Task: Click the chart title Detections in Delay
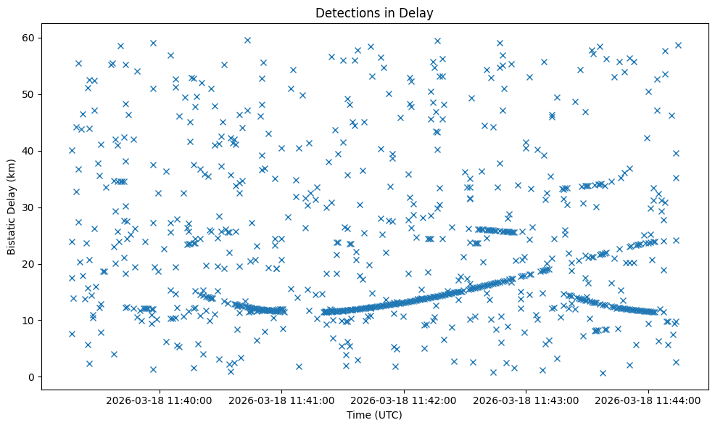pyautogui.click(x=374, y=13)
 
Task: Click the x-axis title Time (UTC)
pyautogui.click(x=374, y=415)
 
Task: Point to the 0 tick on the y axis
pyautogui.click(x=30, y=376)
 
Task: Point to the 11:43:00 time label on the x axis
pyautogui.click(x=526, y=400)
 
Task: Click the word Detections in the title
pyautogui.click(x=343, y=13)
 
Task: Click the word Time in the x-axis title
pyautogui.click(x=358, y=415)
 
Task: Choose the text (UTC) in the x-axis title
pyautogui.click(x=388, y=415)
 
